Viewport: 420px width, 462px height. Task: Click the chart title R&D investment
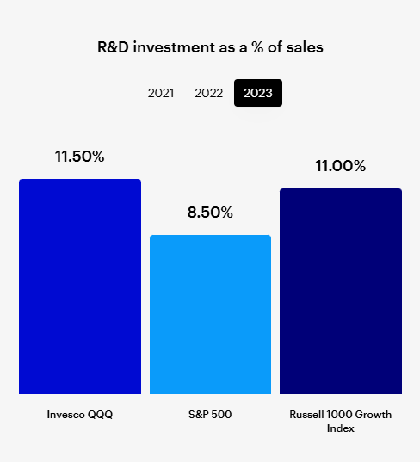pos(210,48)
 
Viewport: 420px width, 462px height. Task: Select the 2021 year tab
pos(161,93)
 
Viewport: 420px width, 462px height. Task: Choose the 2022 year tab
pos(209,93)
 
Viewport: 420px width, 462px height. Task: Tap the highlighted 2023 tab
pos(258,93)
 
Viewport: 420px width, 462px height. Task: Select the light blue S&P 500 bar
pos(210,314)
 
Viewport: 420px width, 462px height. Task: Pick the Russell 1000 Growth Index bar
pos(341,291)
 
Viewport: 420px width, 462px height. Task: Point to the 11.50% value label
pos(79,157)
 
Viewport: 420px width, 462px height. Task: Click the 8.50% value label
pos(210,213)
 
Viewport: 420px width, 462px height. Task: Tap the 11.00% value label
pos(341,166)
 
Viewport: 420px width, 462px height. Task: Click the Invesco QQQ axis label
pos(80,415)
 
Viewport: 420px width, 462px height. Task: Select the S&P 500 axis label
pos(210,415)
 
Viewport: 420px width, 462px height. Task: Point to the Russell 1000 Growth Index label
pos(341,421)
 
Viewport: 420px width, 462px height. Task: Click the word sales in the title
pos(304,48)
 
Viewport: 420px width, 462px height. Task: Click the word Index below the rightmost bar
pos(341,428)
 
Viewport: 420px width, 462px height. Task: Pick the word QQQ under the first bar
pos(102,415)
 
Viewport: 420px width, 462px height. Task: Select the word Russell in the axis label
pos(308,415)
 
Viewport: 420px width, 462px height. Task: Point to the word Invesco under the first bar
pos(66,415)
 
